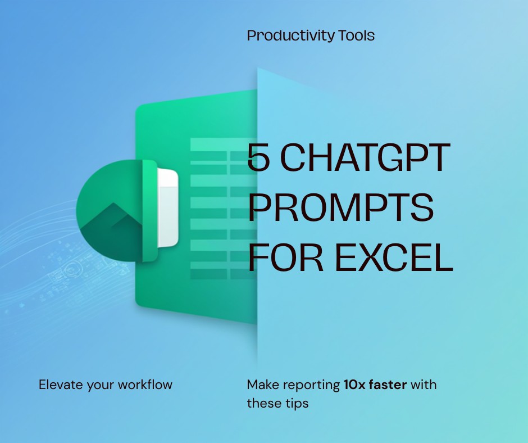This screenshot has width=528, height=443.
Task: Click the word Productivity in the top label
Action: pos(290,36)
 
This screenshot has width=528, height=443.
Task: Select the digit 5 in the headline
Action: pos(258,158)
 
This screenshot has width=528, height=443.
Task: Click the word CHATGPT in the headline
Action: pos(366,158)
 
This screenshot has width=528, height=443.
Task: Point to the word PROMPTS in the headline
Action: pos(341,208)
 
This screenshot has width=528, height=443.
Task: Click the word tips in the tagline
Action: pos(295,404)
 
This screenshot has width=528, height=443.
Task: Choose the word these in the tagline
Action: pos(263,404)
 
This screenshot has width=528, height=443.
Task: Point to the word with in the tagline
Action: pos(425,385)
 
